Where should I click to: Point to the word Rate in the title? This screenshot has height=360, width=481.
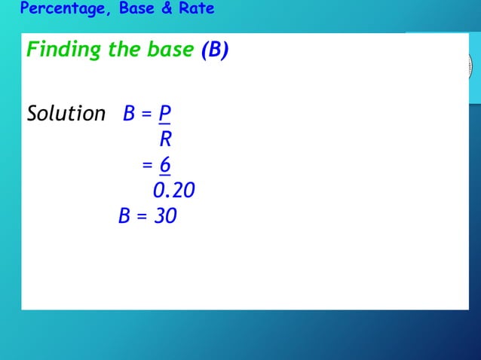tap(196, 9)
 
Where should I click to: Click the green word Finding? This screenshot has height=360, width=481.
tap(63, 50)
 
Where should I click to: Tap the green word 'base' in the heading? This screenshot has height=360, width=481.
tap(170, 50)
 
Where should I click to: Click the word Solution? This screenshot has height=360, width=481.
tap(66, 114)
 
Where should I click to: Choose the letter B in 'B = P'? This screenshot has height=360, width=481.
tap(129, 114)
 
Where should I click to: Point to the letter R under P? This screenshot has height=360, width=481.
tap(165, 139)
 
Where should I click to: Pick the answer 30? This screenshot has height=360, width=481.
tap(165, 217)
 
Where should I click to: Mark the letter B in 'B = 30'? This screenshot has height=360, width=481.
tap(125, 217)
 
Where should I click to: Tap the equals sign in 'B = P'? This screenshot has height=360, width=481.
tap(147, 114)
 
